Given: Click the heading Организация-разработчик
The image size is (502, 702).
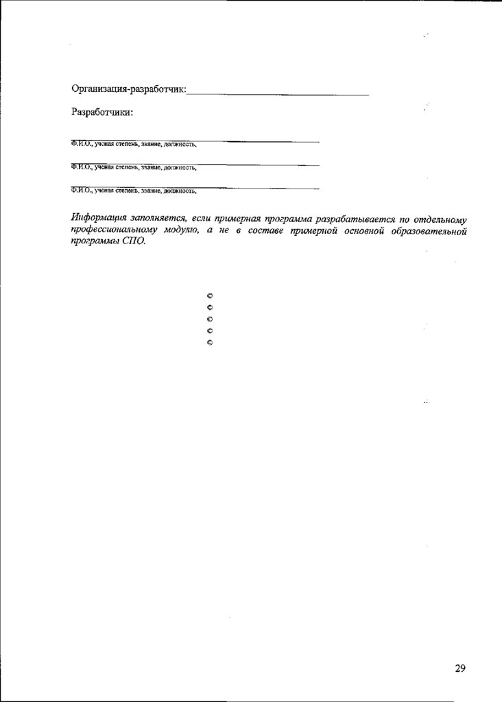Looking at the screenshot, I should tap(128, 89).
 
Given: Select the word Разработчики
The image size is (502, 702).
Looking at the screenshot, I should tap(101, 112).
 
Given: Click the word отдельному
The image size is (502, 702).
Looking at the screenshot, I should tap(440, 219).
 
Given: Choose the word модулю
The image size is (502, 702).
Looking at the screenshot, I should tap(180, 232).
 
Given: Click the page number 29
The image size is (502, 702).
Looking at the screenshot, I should tap(459, 668).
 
